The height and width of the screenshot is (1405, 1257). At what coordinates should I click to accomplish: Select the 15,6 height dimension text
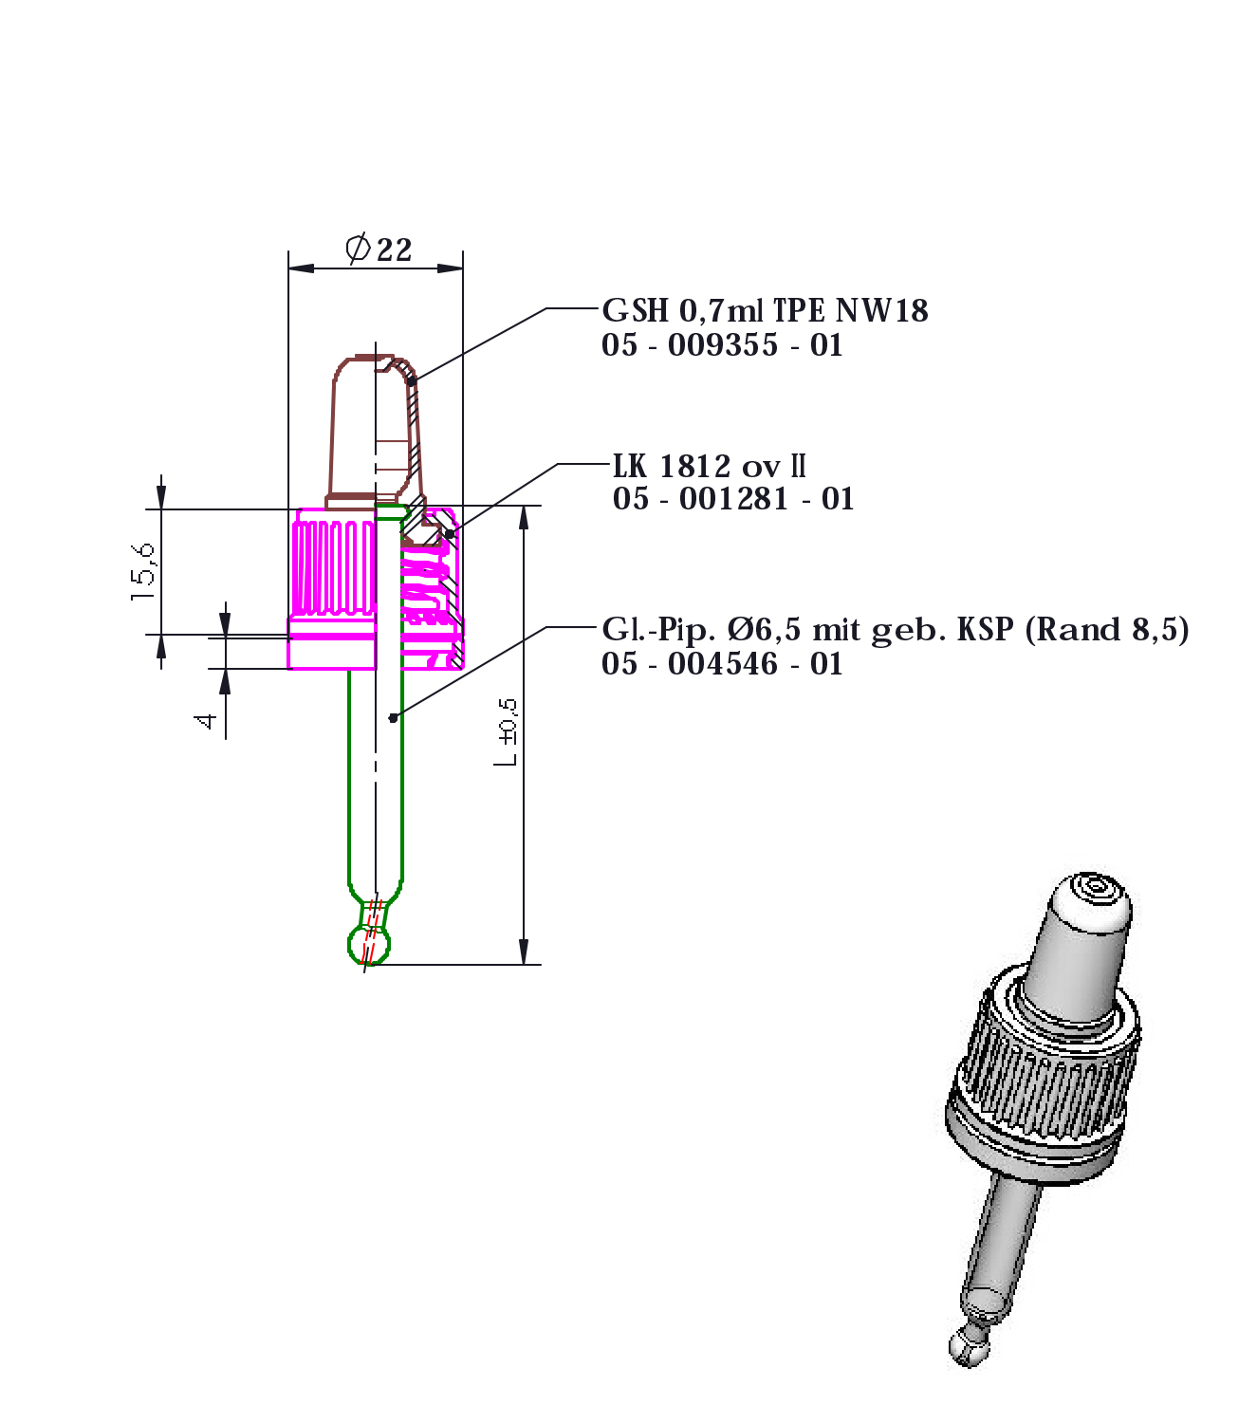click(144, 570)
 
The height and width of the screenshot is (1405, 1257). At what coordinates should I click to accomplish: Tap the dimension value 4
click(206, 722)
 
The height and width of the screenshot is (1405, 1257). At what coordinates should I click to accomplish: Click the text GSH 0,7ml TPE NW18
click(765, 310)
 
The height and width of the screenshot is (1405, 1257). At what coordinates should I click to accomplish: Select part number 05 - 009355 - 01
click(722, 345)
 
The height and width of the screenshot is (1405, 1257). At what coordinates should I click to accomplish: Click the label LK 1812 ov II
click(710, 466)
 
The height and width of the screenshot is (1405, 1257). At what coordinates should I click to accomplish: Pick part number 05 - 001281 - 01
click(733, 499)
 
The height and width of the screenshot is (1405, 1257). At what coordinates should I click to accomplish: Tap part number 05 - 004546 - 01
click(722, 664)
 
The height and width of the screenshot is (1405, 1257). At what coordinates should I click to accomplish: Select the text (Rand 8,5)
click(1107, 630)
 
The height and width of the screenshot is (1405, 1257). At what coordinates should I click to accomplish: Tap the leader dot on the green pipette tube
click(393, 718)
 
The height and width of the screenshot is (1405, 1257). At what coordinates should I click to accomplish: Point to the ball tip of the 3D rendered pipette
click(964, 1345)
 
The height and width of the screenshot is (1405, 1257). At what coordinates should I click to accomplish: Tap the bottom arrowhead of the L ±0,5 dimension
click(524, 952)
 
